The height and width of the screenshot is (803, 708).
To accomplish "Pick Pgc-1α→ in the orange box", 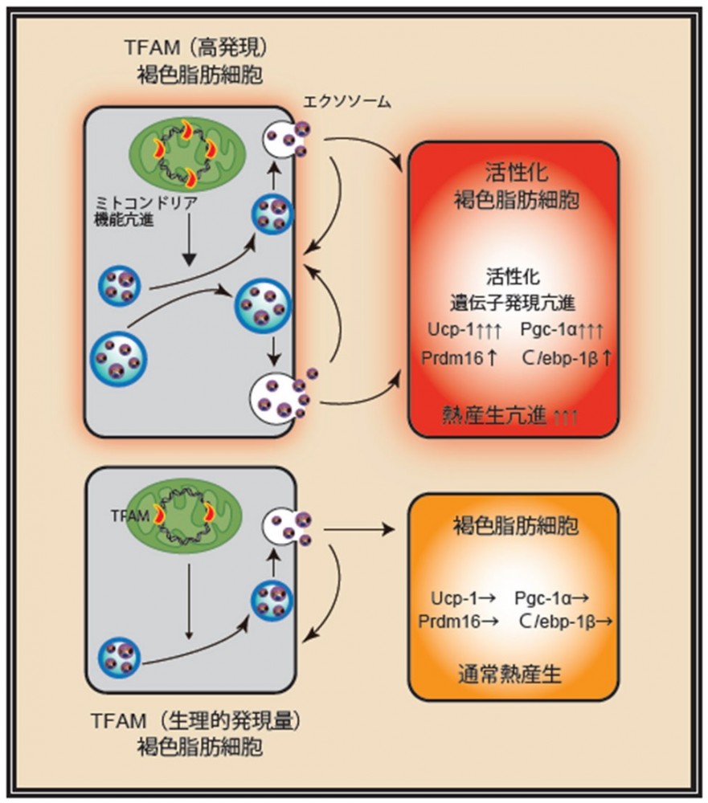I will [x=555, y=598].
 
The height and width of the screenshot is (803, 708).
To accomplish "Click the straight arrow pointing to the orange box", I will [x=357, y=530].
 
